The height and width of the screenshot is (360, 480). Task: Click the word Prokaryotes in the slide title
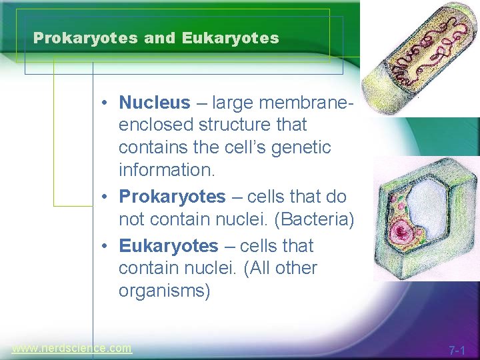pos(86,38)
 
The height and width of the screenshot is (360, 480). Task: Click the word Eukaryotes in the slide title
pos(229,38)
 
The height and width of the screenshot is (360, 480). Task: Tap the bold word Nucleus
pos(154,103)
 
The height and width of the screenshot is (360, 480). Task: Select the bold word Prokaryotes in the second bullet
pos(172,197)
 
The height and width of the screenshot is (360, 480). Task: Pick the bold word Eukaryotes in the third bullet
pos(168,246)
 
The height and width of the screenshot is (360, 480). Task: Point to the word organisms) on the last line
pos(164,292)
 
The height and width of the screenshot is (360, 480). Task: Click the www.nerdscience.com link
pos(72,348)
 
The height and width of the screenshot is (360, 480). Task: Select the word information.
pos(167,170)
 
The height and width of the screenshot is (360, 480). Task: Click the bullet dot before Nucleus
pos(106,103)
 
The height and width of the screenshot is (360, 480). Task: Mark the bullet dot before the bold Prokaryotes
pos(106,198)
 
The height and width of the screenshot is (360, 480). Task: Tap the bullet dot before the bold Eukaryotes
pos(106,247)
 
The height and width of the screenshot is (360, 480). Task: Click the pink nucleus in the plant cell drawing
pos(402,233)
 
